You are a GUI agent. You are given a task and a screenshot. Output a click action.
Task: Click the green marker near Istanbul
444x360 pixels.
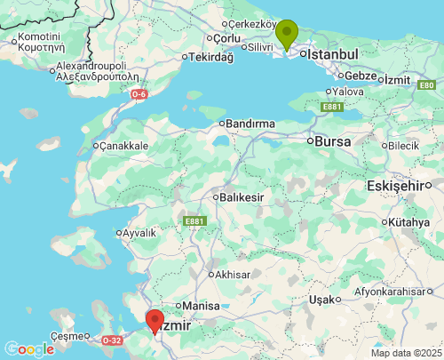click(x=287, y=34)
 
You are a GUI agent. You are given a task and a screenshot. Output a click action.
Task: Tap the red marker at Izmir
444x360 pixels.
click(x=155, y=320)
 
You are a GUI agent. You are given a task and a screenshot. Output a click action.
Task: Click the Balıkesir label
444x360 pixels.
click(x=243, y=196)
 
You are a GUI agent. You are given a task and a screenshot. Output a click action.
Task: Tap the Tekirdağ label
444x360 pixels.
click(x=211, y=58)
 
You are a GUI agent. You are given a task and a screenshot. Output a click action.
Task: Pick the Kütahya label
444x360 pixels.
click(x=414, y=221)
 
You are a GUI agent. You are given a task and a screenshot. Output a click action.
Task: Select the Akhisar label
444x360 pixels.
click(x=232, y=275)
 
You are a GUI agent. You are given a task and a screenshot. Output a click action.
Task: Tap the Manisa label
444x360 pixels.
click(x=201, y=305)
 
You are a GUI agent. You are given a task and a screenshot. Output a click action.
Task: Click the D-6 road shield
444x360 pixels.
click(x=139, y=93)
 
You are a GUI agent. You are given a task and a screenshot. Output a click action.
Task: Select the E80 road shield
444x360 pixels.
click(x=427, y=84)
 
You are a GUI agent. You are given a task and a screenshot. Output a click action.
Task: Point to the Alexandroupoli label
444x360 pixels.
click(x=93, y=72)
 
